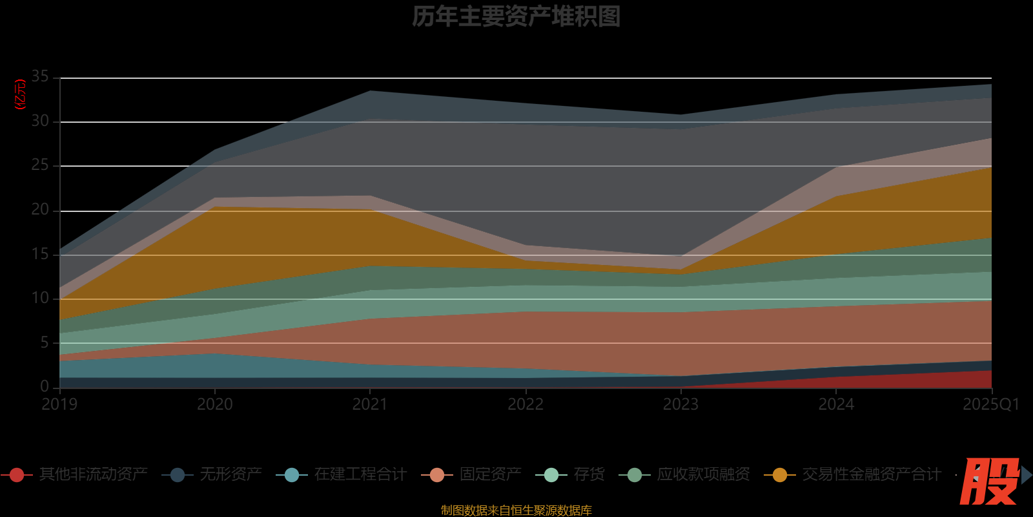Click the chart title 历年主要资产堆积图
click(516, 17)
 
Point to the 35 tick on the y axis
click(40, 77)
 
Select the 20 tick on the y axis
click(40, 210)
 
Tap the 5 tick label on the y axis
click(45, 343)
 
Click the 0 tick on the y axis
click(45, 386)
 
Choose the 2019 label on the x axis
click(59, 405)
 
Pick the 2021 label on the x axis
click(370, 405)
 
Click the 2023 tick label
click(680, 405)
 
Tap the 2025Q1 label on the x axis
click(990, 405)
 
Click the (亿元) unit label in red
click(20, 94)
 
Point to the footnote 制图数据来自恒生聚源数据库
click(516, 511)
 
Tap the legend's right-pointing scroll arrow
click(1027, 475)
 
